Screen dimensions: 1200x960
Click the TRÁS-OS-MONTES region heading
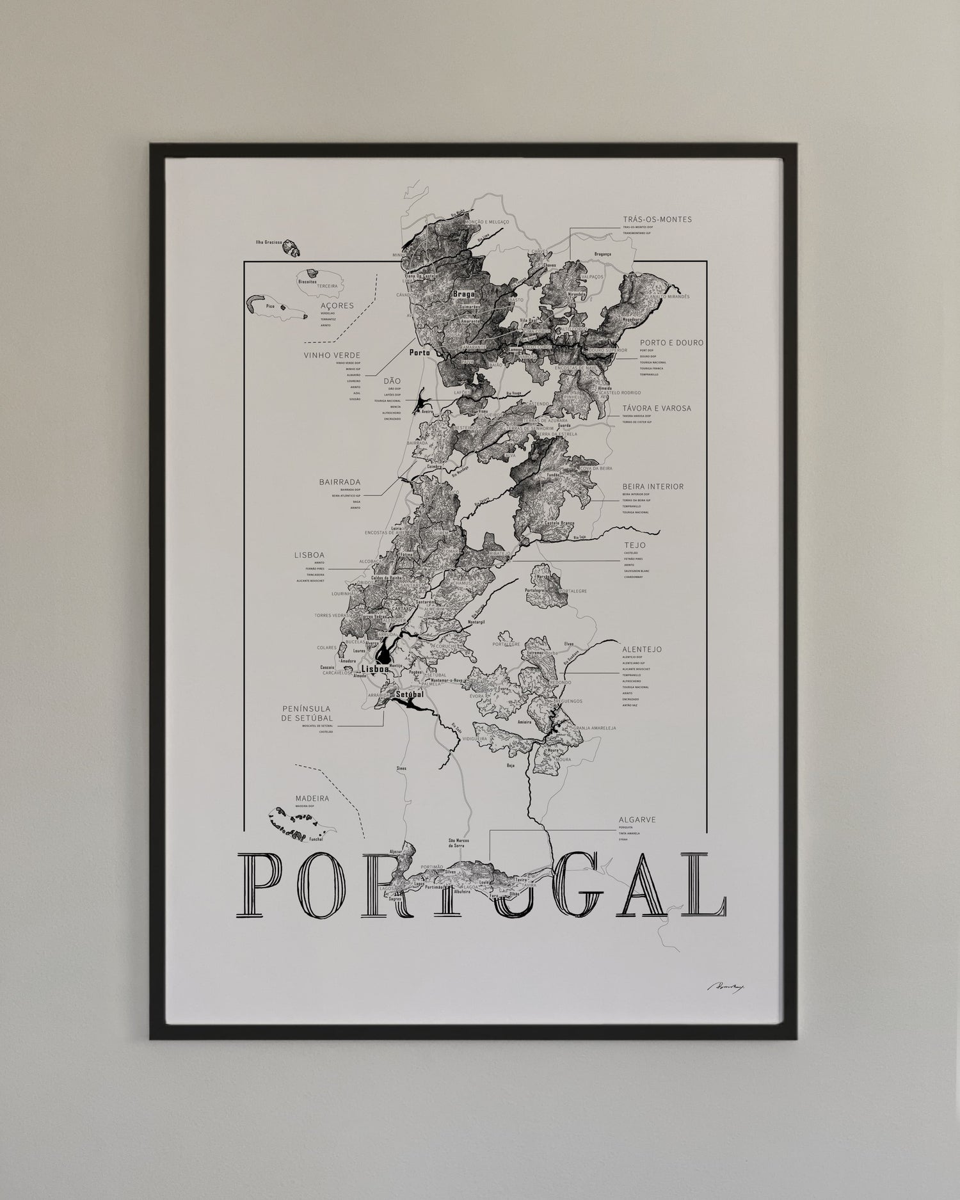(x=657, y=219)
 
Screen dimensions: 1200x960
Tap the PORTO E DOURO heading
(x=671, y=342)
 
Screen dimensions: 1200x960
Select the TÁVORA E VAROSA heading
(x=657, y=408)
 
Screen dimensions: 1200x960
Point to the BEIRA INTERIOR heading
(x=653, y=486)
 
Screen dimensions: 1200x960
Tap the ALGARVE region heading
(x=637, y=819)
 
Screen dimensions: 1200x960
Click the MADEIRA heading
(x=312, y=799)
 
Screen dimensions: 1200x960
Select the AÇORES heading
(x=337, y=306)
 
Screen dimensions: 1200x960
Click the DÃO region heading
(x=392, y=381)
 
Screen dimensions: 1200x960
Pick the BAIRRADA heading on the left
(x=340, y=482)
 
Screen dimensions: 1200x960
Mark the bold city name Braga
(x=463, y=294)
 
